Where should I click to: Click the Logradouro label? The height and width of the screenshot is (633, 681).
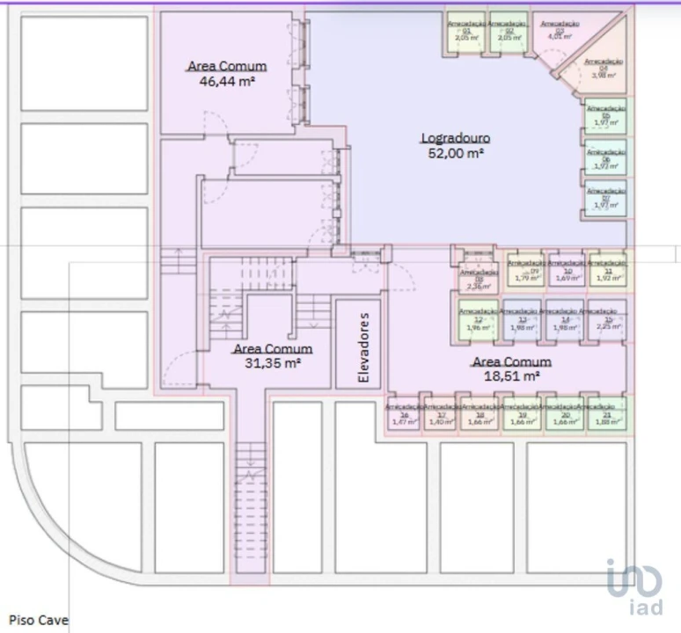(x=455, y=138)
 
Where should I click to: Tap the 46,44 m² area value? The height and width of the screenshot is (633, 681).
(x=227, y=80)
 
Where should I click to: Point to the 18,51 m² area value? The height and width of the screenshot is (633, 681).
(x=511, y=375)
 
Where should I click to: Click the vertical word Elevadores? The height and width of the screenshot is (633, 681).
(x=358, y=344)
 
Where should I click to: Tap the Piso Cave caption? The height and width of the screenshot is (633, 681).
(x=38, y=620)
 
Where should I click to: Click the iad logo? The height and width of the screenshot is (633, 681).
(x=634, y=585)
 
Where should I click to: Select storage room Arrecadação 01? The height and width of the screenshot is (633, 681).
(x=466, y=33)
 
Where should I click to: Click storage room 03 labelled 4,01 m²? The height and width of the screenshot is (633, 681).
(x=558, y=33)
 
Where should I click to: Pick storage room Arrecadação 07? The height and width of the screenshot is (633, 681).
(x=606, y=198)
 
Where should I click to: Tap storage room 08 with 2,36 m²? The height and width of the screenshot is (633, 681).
(x=479, y=277)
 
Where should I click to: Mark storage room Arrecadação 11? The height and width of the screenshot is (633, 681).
(x=607, y=271)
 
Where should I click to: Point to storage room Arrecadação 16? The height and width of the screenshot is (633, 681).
(x=404, y=415)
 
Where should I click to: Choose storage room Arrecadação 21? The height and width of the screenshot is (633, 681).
(x=607, y=415)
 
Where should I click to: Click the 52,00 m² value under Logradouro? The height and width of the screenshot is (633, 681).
(x=455, y=152)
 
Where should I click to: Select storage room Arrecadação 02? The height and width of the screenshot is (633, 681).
(x=509, y=33)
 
